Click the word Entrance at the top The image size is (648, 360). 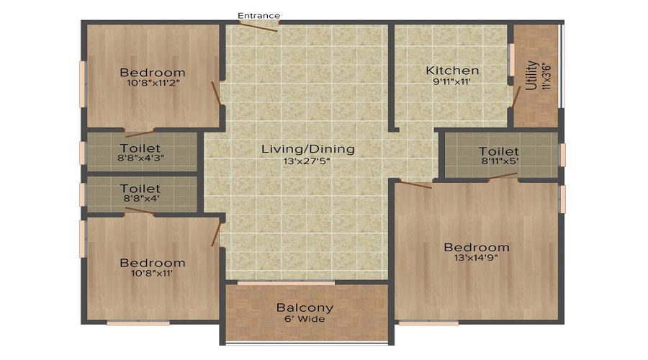pyautogui.click(x=259, y=15)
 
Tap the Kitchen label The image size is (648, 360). pyautogui.click(x=452, y=71)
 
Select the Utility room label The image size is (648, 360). pyautogui.click(x=531, y=75)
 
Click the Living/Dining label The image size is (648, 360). pyautogui.click(x=307, y=149)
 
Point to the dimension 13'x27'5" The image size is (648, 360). pyautogui.click(x=307, y=161)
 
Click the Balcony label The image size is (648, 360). pyautogui.click(x=305, y=307)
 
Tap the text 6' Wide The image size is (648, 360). pyautogui.click(x=305, y=319)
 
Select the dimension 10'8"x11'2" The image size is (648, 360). pyautogui.click(x=152, y=84)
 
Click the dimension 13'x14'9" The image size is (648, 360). pyautogui.click(x=476, y=257)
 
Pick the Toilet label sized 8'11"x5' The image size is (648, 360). pyautogui.click(x=498, y=151)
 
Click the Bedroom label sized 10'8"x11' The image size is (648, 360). pyautogui.click(x=152, y=263)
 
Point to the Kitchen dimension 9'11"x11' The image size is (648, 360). pyautogui.click(x=452, y=82)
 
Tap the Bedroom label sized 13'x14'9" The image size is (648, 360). pyautogui.click(x=476, y=246)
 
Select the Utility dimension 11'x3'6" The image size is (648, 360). pyautogui.click(x=546, y=75)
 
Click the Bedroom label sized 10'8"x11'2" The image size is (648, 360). pyautogui.click(x=152, y=72)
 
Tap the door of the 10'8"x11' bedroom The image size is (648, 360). pyautogui.click(x=216, y=234)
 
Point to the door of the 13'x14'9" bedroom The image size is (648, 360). pyautogui.click(x=415, y=185)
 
